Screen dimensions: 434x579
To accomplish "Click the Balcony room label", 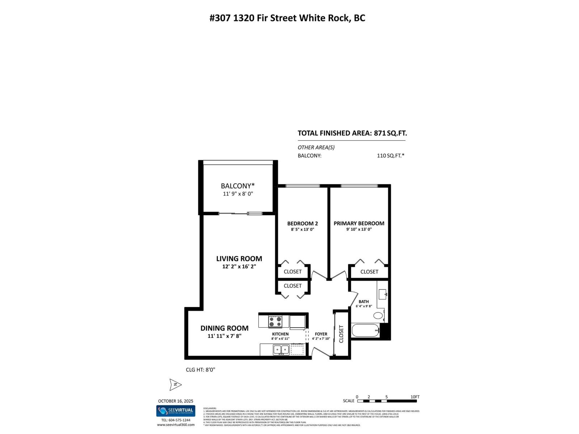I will (x=238, y=186).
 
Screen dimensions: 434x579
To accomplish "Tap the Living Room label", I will (x=239, y=259).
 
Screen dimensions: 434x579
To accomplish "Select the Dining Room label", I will (x=224, y=328).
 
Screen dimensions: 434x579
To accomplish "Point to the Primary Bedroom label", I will (x=359, y=224).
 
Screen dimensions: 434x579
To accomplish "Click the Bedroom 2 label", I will (x=303, y=224).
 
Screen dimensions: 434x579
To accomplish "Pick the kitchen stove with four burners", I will (x=275, y=321).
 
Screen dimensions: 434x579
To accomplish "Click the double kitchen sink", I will (x=281, y=349).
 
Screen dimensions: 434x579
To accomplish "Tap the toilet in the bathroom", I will (x=378, y=315).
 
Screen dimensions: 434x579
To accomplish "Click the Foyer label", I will (x=321, y=334).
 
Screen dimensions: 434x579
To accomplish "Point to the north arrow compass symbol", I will (x=175, y=385).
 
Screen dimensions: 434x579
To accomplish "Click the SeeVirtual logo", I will (x=176, y=411).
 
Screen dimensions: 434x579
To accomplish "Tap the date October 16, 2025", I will (x=176, y=401).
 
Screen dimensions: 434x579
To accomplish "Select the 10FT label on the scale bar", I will (x=415, y=397).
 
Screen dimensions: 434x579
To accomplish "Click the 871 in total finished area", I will (x=380, y=133).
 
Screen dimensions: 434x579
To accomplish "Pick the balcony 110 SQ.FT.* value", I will (x=390, y=156).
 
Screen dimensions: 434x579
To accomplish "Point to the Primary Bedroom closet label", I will (x=369, y=272).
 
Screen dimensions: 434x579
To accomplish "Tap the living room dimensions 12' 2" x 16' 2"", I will (x=239, y=267).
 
